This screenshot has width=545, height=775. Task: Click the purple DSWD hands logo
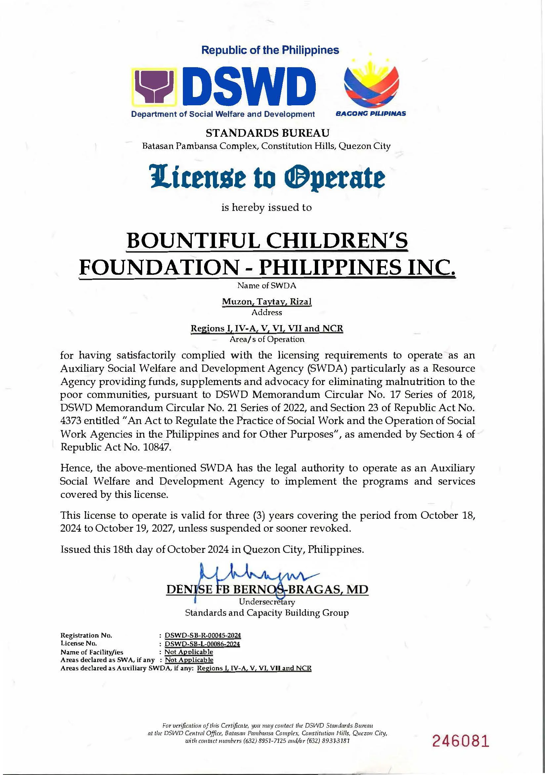point(155,87)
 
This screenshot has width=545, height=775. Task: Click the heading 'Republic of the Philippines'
point(270,50)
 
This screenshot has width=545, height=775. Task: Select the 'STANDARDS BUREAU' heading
point(268,133)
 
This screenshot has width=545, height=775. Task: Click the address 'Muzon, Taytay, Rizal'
point(267,302)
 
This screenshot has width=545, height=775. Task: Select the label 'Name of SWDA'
point(267,286)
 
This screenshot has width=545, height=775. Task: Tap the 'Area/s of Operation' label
point(267,339)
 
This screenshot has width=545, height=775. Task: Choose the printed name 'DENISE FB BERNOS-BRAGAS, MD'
point(267,590)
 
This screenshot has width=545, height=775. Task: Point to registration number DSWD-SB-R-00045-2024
point(202,635)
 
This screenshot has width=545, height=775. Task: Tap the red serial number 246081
point(460,750)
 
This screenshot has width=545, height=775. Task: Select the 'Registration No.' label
point(86,635)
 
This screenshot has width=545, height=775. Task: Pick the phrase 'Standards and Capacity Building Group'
point(267,613)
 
